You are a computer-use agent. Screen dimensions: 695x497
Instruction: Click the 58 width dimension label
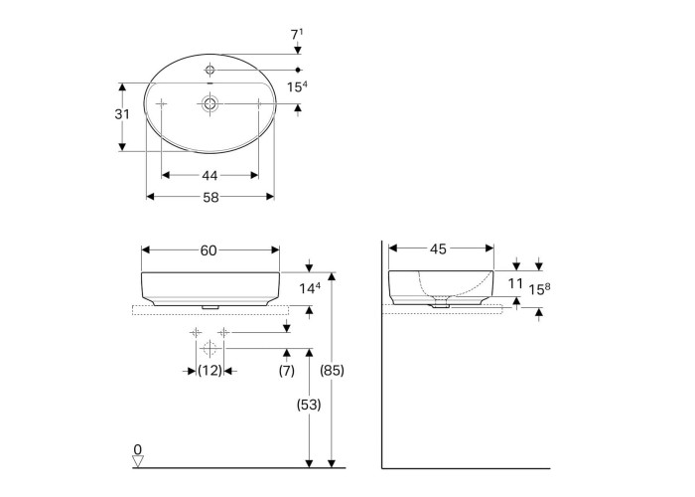(x=210, y=197)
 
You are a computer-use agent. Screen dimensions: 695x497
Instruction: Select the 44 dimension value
(x=209, y=176)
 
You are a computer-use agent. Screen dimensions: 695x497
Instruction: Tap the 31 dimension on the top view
(x=122, y=114)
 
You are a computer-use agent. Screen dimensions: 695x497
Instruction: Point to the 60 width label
(x=208, y=250)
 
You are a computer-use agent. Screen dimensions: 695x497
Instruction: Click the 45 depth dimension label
(x=438, y=249)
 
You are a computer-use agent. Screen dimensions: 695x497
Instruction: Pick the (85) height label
(x=332, y=370)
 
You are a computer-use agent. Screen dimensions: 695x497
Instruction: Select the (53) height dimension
(x=309, y=405)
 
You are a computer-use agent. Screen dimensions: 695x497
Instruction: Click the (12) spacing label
(x=209, y=370)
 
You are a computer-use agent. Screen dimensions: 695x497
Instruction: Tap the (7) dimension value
(x=287, y=370)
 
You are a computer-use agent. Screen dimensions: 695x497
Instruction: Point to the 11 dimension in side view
(x=515, y=283)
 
